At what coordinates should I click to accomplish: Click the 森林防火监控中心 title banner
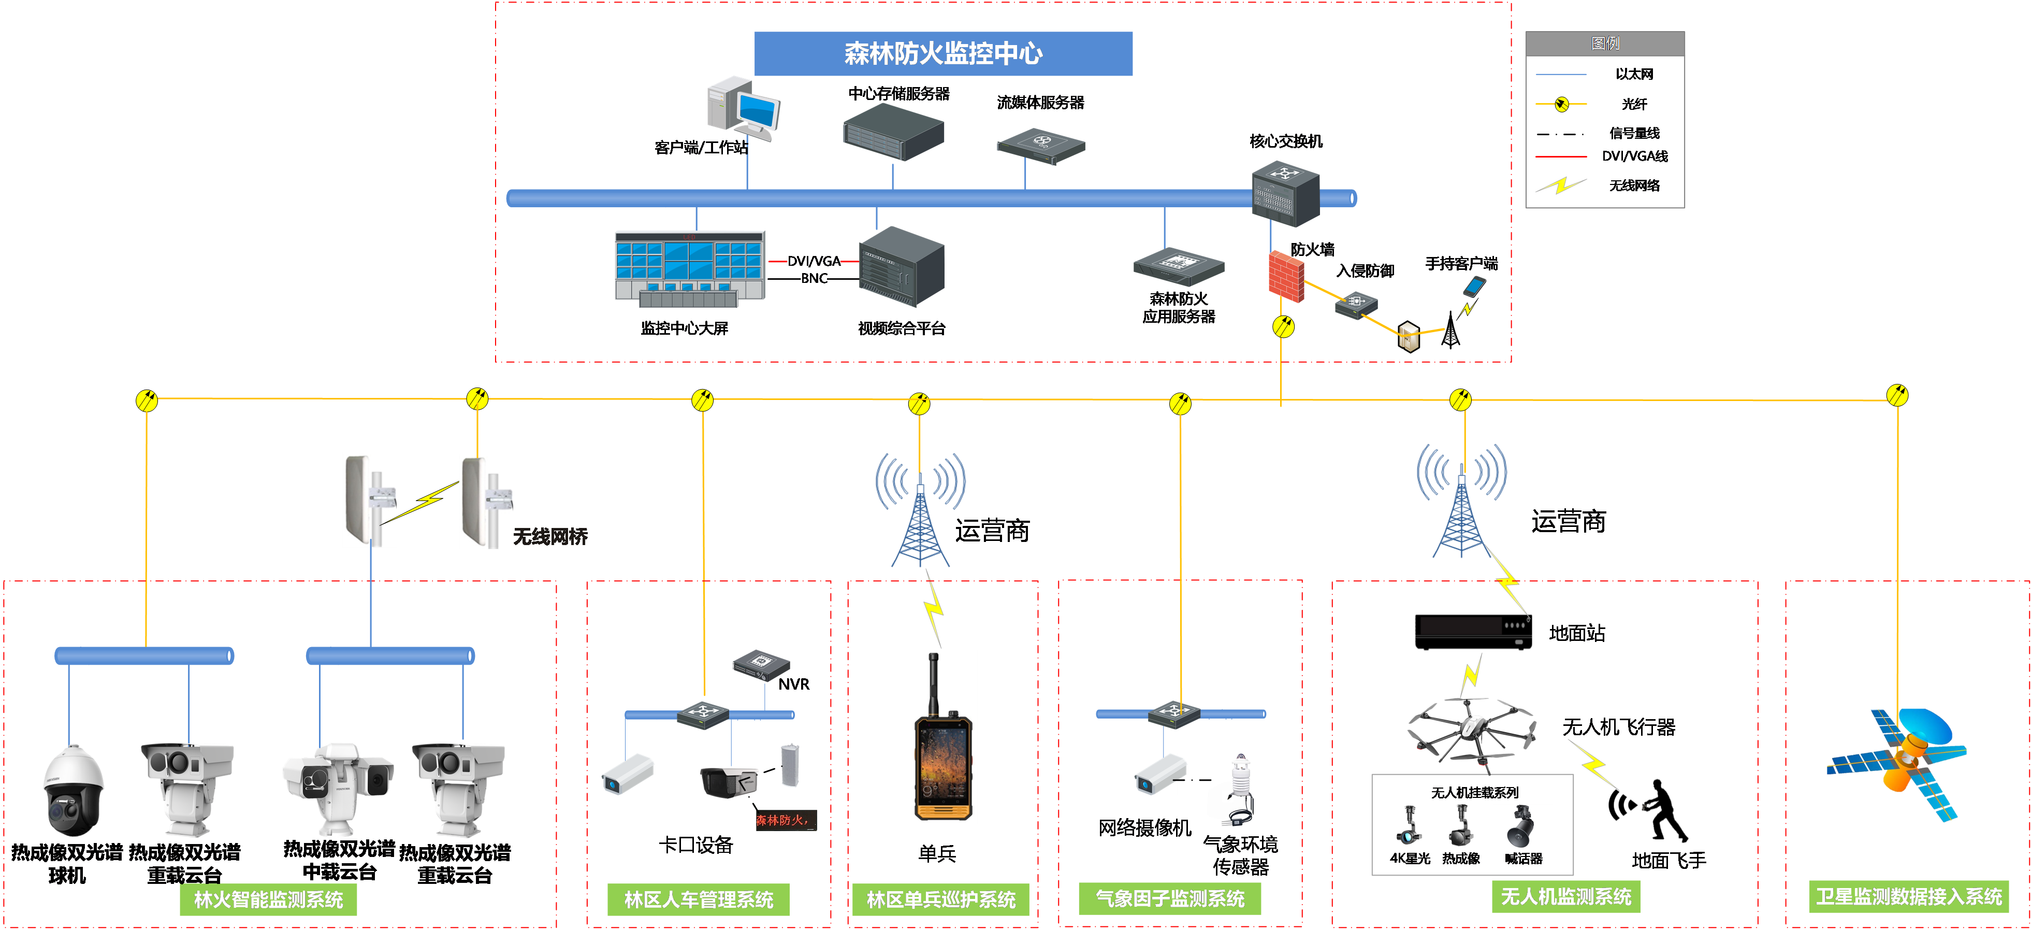point(943,54)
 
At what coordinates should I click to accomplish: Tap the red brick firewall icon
point(1285,275)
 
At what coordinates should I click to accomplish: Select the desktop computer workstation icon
point(743,108)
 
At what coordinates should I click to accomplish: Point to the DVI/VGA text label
point(813,261)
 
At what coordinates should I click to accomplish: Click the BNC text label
point(813,278)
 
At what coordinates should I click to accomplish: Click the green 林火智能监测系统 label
point(268,899)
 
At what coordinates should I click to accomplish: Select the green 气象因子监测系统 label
point(1169,898)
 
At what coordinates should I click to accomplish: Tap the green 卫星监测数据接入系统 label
point(1908,897)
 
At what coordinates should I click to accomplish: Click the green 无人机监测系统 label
point(1565,897)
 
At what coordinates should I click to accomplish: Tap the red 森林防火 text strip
point(785,820)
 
